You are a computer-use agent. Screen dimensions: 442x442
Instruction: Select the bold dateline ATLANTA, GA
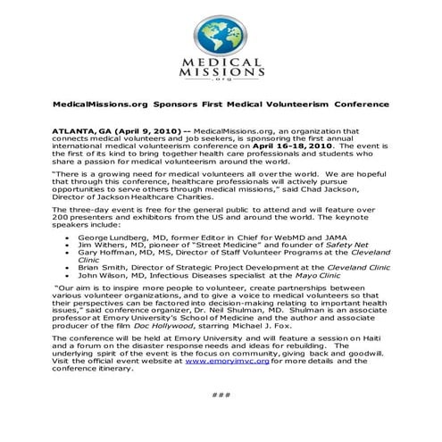[x=82, y=130]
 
